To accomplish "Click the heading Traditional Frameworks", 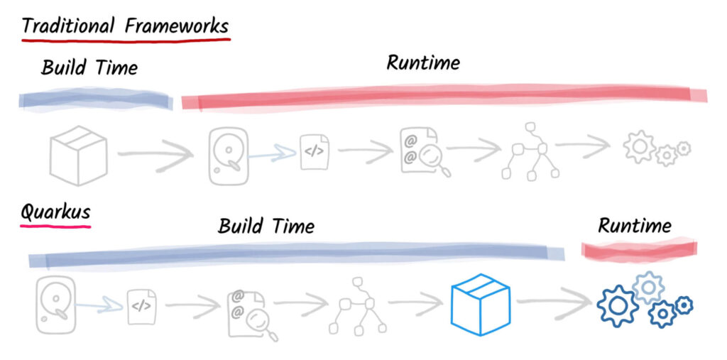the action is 125,26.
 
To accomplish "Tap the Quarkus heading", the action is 55,213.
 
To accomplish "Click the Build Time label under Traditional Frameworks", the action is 89,67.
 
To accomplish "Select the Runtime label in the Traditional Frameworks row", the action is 423,62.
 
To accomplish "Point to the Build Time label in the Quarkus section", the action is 266,227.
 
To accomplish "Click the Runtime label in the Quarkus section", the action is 634,226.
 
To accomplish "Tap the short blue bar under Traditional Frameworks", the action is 96,100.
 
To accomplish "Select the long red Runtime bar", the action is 444,97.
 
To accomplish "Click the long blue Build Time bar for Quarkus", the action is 297,255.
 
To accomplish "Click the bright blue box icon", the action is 481,305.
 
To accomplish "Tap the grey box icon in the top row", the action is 78,156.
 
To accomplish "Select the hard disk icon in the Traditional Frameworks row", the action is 229,156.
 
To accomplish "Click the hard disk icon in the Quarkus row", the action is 55,305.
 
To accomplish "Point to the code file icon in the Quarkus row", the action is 142,306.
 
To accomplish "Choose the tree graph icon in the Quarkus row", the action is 357,306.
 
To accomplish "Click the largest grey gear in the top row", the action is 639,146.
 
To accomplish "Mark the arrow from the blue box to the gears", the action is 554,302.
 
